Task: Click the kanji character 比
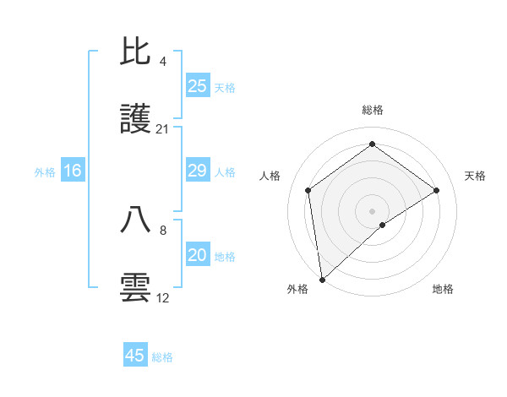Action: (x=136, y=52)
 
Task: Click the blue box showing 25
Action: (x=197, y=86)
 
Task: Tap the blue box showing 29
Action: (x=197, y=171)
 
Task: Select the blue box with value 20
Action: (x=197, y=255)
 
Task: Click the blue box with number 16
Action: (x=73, y=171)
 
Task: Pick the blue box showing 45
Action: (x=135, y=356)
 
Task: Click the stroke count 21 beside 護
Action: (x=163, y=129)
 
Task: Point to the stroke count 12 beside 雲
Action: (x=163, y=298)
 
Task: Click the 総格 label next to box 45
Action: (x=162, y=357)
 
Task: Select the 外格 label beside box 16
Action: (x=45, y=172)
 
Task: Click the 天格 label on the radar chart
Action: (x=475, y=176)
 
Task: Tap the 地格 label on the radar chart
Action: (x=443, y=289)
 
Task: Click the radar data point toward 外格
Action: (x=321, y=279)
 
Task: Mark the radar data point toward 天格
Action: (x=437, y=190)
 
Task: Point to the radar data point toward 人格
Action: (x=308, y=190)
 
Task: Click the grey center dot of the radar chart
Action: (x=372, y=210)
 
